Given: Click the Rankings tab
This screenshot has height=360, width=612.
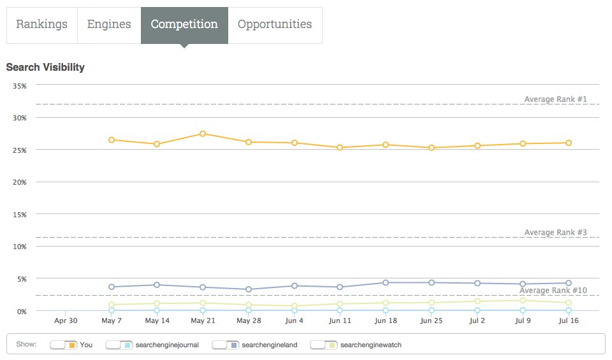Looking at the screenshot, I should [41, 25].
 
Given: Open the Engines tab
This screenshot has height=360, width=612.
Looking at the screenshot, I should [109, 25].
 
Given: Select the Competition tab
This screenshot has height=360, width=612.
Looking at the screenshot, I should [184, 25].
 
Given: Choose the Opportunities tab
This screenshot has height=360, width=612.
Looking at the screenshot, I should [275, 25].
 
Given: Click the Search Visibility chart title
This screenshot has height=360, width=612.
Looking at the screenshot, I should [45, 67].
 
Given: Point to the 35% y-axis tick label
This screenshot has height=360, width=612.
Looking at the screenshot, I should [18, 85].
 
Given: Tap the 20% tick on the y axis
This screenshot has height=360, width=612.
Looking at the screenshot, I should [18, 182].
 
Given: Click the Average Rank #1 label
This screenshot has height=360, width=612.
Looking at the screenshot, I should [555, 99].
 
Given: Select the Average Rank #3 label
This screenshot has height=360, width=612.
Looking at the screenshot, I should [555, 233].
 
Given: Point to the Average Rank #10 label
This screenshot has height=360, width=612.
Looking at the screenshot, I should [553, 291].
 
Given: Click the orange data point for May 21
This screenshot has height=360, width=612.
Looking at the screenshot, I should [203, 134].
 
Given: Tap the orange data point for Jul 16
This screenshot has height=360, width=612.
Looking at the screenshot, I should [569, 143].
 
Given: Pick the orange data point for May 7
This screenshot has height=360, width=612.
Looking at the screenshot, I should [112, 140].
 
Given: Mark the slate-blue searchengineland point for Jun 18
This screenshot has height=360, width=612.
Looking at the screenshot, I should [386, 282].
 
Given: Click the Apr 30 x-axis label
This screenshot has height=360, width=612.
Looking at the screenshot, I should [66, 320].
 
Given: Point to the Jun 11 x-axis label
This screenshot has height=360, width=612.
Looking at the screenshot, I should [340, 320].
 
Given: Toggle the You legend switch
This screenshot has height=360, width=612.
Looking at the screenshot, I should [64, 345].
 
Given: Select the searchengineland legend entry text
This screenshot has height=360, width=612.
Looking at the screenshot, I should [270, 345].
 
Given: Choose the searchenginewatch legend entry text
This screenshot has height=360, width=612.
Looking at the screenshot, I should [371, 345].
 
